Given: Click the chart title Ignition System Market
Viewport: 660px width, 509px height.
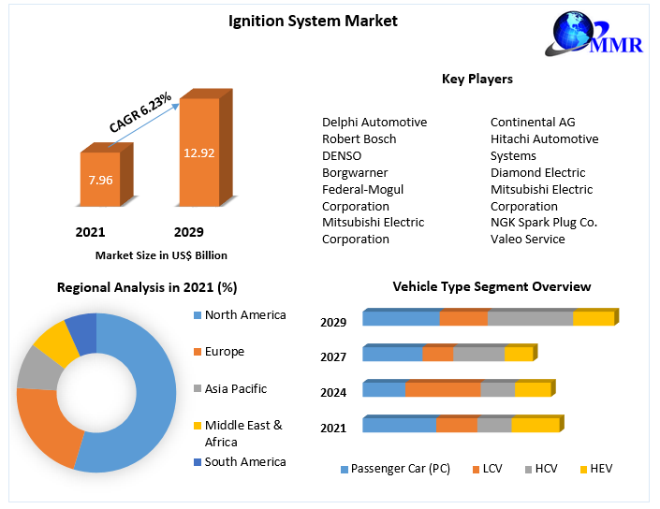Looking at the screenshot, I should coord(313,21).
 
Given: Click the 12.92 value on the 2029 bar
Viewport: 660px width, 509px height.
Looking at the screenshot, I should coord(199,153).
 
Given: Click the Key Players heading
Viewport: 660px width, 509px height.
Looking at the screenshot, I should coord(477,80).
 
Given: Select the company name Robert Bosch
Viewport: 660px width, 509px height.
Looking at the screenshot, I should coord(359,138).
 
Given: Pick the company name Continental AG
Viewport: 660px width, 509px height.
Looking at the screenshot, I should coord(533,122).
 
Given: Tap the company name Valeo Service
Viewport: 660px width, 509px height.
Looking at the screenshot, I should coord(527,239).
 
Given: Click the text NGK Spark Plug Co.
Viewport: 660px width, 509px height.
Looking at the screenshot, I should coord(543,222).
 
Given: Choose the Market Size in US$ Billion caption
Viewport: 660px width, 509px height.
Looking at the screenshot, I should coord(161,254).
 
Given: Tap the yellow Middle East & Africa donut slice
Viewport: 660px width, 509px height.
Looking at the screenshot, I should coord(55,343).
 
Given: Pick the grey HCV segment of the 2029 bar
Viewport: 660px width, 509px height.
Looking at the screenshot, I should coord(530,319).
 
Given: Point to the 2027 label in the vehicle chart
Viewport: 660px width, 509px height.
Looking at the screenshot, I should coord(333,356).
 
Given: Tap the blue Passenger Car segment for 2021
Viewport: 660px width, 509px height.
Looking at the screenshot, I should coord(399,426).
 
